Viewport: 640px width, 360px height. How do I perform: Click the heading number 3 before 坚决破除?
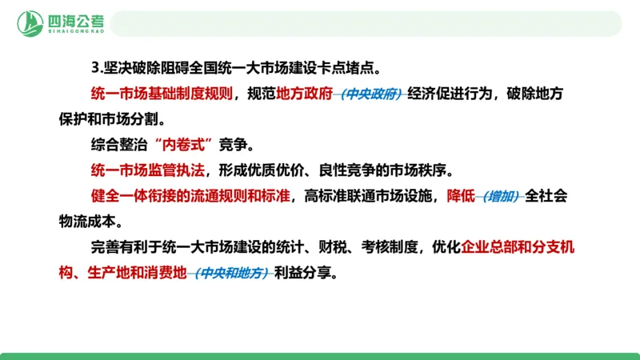pos(94,68)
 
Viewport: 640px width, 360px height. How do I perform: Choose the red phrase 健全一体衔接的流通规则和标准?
pos(190,196)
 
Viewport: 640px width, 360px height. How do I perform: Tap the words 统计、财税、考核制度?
pos(364,247)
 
